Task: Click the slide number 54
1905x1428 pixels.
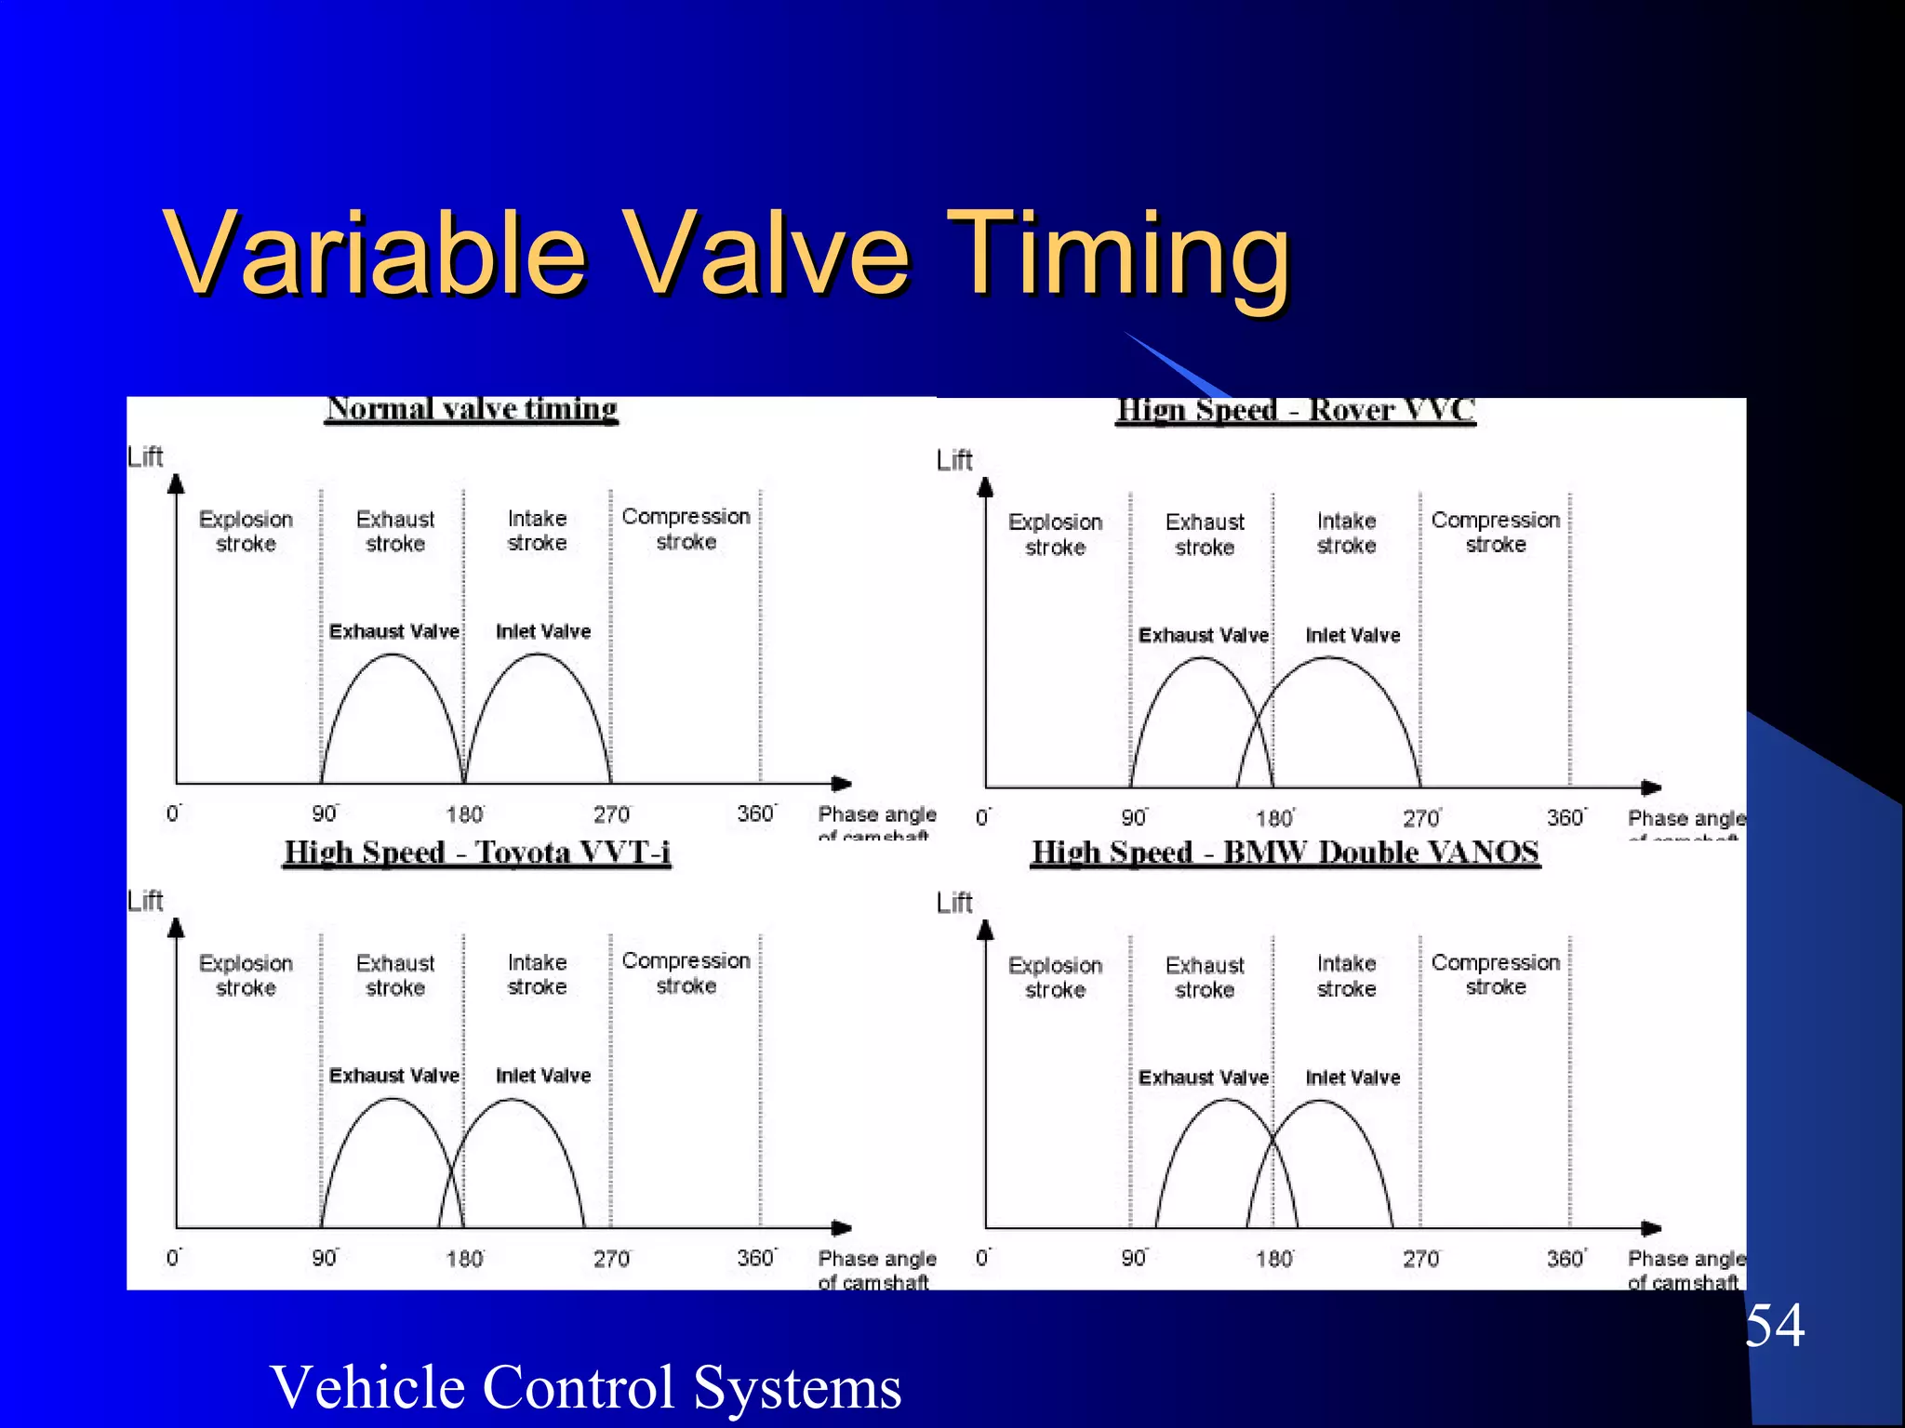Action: (1774, 1326)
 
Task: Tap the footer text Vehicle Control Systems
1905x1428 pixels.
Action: (585, 1386)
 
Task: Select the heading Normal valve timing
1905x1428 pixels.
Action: (473, 409)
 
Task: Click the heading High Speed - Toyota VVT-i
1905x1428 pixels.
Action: (477, 852)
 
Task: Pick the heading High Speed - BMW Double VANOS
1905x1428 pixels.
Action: (1286, 852)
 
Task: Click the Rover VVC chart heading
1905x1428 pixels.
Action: (1296, 410)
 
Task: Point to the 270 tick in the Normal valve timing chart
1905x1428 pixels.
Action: (611, 814)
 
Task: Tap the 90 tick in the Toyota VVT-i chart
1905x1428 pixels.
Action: (325, 1258)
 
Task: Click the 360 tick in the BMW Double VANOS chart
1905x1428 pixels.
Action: (1565, 1258)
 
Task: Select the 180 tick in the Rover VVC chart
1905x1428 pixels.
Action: (1273, 818)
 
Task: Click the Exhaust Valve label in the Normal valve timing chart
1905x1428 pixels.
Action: (394, 631)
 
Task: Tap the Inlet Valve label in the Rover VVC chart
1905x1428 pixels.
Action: (1352, 635)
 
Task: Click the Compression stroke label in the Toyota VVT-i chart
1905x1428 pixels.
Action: (686, 972)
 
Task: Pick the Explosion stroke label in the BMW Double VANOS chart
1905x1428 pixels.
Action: (1055, 977)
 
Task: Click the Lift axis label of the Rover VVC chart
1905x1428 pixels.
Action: (954, 460)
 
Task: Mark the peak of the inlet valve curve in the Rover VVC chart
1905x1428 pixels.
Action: (1328, 658)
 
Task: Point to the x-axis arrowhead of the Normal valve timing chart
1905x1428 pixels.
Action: (843, 784)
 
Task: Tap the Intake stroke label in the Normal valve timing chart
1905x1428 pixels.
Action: (537, 530)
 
